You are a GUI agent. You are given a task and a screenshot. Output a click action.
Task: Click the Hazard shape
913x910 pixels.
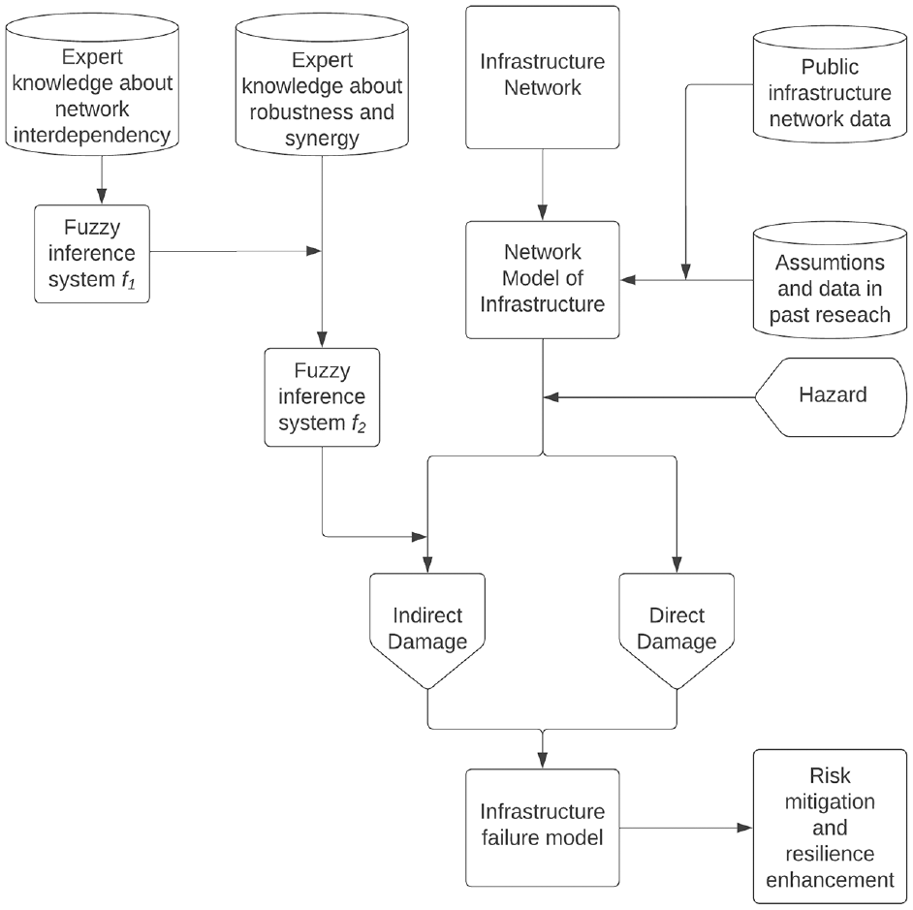click(831, 397)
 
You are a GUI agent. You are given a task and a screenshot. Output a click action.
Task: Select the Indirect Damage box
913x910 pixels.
click(427, 629)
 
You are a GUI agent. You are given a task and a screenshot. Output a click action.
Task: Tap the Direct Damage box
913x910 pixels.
click(677, 629)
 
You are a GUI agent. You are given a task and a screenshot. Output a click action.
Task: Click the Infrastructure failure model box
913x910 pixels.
click(543, 828)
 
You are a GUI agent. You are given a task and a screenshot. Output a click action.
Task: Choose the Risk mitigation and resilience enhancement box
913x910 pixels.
click(831, 827)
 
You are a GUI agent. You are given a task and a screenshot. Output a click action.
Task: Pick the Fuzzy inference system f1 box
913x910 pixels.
click(92, 254)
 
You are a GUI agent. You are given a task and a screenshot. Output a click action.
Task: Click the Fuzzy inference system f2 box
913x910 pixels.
click(322, 397)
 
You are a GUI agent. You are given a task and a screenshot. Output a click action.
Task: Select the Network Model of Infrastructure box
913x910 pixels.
click(543, 279)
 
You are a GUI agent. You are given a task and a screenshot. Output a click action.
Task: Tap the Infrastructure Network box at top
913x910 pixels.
click(543, 78)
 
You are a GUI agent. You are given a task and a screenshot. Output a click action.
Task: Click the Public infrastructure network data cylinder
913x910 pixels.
click(831, 84)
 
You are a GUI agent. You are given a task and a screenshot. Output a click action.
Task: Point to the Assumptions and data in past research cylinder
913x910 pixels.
click(831, 279)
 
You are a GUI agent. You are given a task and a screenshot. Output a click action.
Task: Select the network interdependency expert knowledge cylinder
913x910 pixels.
click(92, 84)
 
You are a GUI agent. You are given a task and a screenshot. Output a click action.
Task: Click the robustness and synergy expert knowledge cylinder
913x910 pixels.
click(322, 84)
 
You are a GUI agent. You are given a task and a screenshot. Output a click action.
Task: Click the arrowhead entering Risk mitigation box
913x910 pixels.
click(745, 828)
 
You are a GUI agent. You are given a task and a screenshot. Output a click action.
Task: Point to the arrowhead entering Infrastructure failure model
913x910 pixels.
click(543, 761)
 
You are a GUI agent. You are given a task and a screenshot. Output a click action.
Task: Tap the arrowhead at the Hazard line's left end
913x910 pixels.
click(551, 397)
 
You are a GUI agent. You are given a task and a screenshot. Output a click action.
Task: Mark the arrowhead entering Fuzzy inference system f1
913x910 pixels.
click(102, 197)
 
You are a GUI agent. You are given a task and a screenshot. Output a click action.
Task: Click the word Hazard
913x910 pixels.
click(833, 394)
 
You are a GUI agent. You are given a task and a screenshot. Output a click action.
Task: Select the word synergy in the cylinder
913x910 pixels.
click(322, 140)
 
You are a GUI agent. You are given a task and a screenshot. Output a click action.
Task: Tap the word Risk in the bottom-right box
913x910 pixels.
click(830, 775)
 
